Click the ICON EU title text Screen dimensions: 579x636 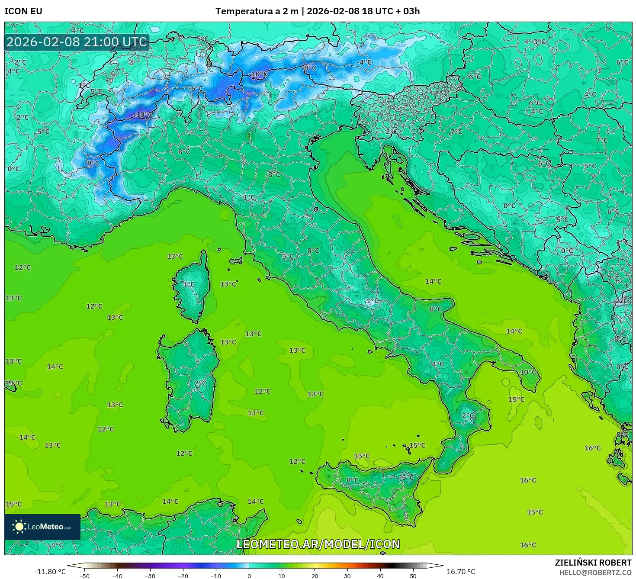coord(23,11)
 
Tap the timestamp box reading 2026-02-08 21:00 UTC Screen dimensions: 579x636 coord(77,42)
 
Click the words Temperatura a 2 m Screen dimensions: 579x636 coord(257,11)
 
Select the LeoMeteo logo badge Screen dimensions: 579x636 coord(42,527)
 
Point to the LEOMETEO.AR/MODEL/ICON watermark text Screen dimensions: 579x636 coord(318,544)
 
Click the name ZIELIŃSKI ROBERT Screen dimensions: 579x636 coord(593,563)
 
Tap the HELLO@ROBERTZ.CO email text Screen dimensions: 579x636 coord(595,573)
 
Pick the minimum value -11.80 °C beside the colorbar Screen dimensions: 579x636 coord(50,572)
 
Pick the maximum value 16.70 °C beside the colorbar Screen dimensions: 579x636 coord(460,572)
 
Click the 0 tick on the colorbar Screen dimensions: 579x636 coord(249,576)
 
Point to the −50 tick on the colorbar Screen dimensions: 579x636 coord(84,576)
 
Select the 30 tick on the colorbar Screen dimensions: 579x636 coord(347,576)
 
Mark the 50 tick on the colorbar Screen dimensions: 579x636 coord(413,576)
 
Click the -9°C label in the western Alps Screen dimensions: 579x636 coord(92,163)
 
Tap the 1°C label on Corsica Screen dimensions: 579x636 coord(189,284)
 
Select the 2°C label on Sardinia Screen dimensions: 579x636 coord(200,383)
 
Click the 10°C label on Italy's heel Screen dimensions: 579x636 coord(528,372)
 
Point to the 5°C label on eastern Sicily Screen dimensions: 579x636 coord(408,477)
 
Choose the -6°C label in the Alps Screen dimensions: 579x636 coord(196,89)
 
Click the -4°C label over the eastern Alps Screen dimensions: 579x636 coord(364,62)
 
